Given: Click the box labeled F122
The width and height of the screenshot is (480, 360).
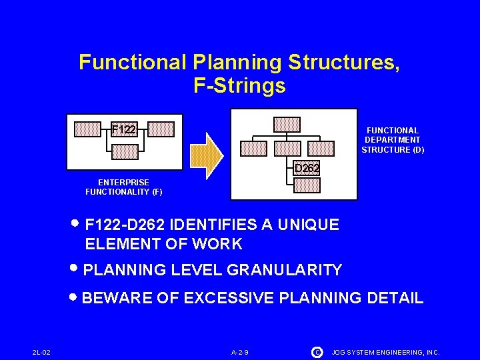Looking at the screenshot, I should [123, 128].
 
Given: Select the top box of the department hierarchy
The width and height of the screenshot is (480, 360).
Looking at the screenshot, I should [287, 124].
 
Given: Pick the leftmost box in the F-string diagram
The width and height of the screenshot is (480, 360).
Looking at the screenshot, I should [87, 128].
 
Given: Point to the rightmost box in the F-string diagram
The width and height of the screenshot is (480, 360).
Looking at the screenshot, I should [161, 128].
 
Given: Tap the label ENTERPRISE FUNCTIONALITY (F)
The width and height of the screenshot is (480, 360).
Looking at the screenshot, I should [123, 187].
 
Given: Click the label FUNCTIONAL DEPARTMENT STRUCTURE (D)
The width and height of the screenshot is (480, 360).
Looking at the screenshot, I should [393, 140].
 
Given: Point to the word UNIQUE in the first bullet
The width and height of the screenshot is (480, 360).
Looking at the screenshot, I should [311, 225].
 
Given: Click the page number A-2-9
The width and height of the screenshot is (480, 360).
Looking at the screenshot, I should [240, 351].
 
